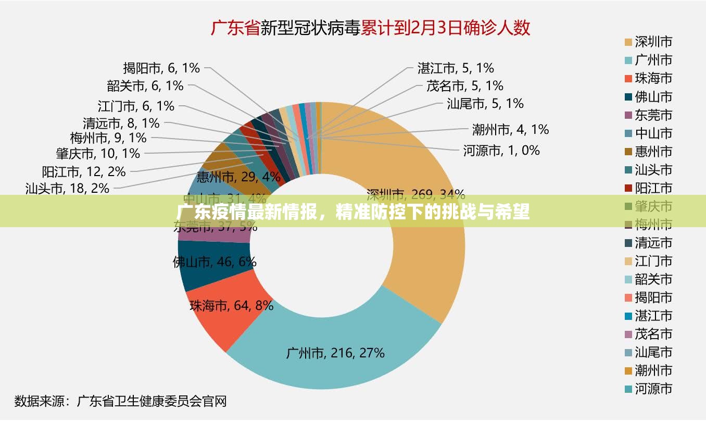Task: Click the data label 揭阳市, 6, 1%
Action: [161, 68]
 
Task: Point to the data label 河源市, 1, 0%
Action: [501, 151]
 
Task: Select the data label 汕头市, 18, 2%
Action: [67, 188]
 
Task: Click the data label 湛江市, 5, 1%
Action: [455, 68]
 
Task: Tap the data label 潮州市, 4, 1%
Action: [510, 129]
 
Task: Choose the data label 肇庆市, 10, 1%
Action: [98, 154]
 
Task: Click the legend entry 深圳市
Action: [653, 42]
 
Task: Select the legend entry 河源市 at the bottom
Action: [653, 389]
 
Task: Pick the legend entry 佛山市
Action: [653, 97]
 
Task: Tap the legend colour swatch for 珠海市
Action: [628, 79]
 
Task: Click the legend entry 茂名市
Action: [653, 334]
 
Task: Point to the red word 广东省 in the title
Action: [235, 28]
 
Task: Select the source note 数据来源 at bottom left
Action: [39, 401]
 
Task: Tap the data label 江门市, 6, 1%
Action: [135, 106]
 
